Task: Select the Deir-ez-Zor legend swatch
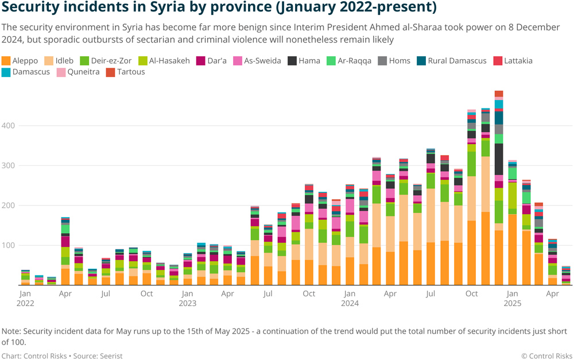point(84,60)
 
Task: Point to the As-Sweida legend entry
point(257,60)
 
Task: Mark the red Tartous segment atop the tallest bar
point(499,94)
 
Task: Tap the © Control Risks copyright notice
point(546,355)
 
